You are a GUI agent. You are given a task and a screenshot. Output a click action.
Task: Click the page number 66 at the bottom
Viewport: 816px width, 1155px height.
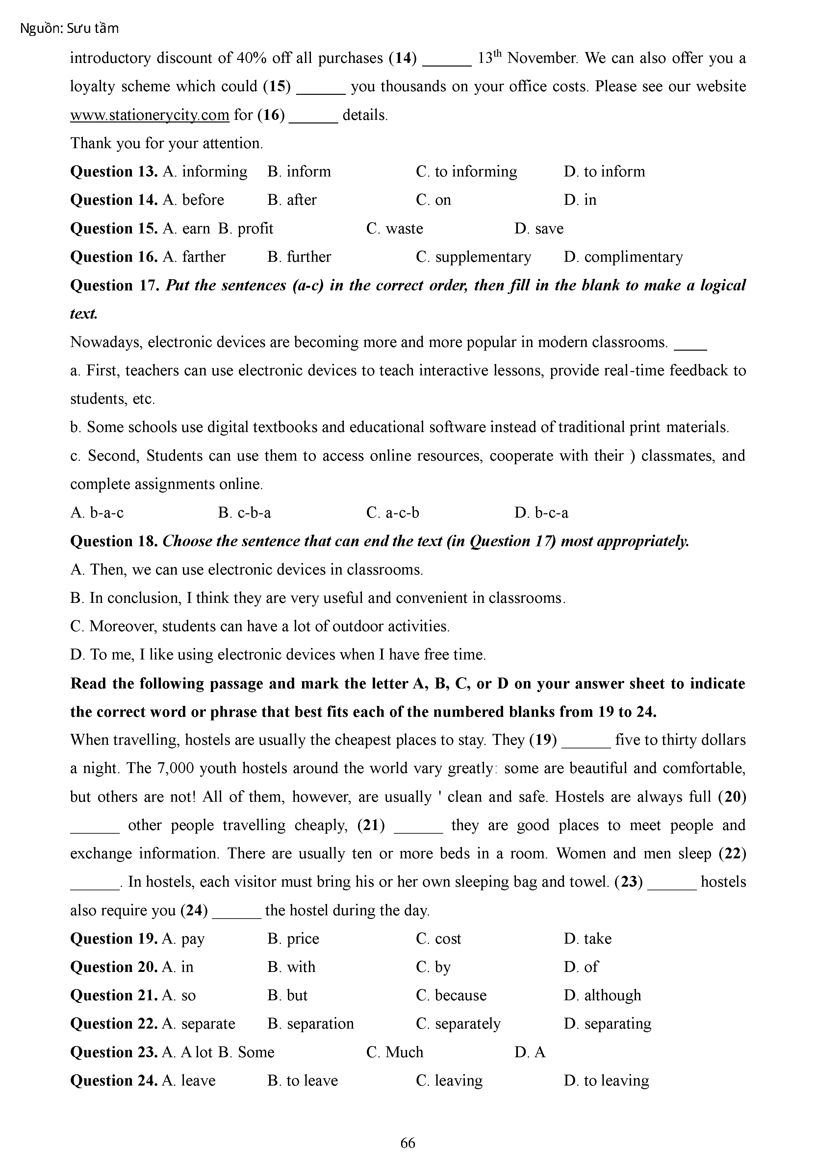408,1142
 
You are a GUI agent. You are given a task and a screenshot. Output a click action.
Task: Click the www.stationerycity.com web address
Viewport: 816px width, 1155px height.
149,115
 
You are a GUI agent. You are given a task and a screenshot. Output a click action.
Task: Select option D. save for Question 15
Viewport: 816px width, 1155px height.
539,229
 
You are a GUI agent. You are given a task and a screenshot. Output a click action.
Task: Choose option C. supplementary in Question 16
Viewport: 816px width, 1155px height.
473,257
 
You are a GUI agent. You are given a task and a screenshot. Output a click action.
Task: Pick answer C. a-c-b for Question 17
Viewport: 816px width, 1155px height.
392,513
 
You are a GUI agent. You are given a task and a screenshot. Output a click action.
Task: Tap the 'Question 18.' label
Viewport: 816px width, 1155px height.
114,541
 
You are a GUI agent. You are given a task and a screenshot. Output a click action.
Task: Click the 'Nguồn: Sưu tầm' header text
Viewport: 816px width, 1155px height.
69,29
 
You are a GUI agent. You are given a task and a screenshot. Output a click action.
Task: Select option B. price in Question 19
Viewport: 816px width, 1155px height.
293,939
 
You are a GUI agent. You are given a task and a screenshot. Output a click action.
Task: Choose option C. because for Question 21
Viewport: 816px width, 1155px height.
451,996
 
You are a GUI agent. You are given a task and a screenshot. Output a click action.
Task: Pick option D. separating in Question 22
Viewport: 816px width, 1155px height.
607,1024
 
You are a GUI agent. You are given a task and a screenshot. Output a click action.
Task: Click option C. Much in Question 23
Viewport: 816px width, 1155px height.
395,1052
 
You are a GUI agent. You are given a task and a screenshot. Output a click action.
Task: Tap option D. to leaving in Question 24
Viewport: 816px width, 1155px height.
606,1081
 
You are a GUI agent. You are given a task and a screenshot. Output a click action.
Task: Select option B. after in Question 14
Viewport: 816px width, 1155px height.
292,200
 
